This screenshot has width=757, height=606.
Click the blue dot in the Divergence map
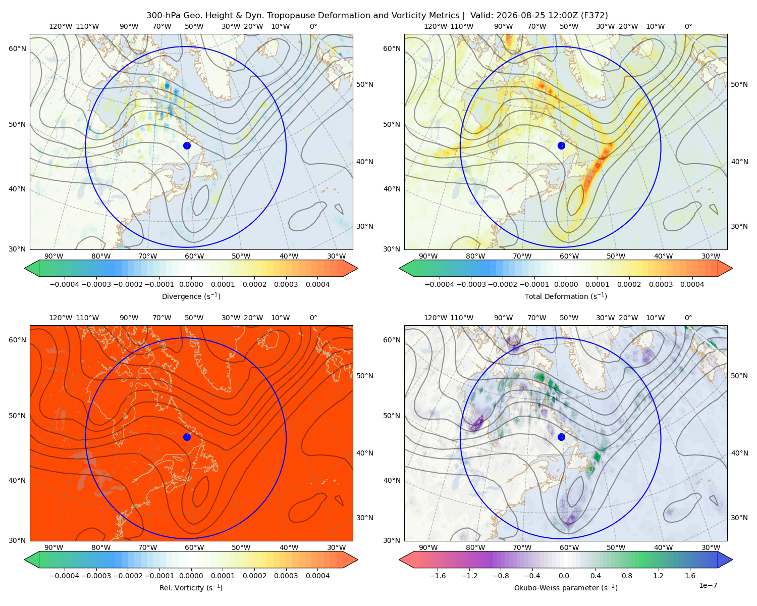pyautogui.click(x=187, y=145)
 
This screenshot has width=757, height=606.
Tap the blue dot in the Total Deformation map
pyautogui.click(x=561, y=145)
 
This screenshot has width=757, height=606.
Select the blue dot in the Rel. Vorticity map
pyautogui.click(x=187, y=437)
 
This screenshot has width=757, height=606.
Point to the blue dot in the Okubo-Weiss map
pyautogui.click(x=561, y=437)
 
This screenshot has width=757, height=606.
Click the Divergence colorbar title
pyautogui.click(x=191, y=296)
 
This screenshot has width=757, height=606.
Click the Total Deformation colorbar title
pyautogui.click(x=566, y=296)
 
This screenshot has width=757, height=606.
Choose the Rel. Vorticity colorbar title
pyautogui.click(x=191, y=588)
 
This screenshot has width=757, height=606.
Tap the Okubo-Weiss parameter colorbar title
pyautogui.click(x=566, y=588)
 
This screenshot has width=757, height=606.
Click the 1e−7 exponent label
pyautogui.click(x=708, y=585)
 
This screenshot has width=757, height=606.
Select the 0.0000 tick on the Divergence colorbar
pyautogui.click(x=191, y=284)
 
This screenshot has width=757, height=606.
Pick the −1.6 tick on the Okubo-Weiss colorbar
pyautogui.click(x=438, y=576)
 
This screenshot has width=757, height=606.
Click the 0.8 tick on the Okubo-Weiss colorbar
pyautogui.click(x=627, y=576)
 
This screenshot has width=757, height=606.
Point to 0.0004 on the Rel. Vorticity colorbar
pyautogui.click(x=317, y=576)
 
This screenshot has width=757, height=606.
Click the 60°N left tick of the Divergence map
pyautogui.click(x=17, y=48)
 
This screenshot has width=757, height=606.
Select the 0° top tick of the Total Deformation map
pyautogui.click(x=688, y=26)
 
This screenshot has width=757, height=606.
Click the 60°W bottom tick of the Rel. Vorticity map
pyautogui.click(x=194, y=547)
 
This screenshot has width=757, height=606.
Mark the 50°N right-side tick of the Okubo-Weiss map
pyautogui.click(x=740, y=376)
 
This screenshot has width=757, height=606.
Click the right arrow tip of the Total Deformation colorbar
pyautogui.click(x=733, y=268)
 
